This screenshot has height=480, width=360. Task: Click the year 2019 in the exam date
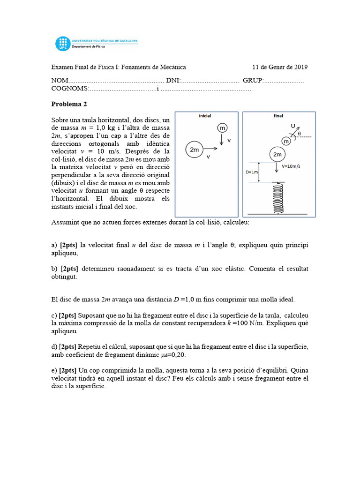click(x=300, y=67)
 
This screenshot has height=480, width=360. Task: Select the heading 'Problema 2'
click(x=69, y=104)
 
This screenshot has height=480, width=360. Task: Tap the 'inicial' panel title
click(x=205, y=116)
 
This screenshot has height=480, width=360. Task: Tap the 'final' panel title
click(x=278, y=116)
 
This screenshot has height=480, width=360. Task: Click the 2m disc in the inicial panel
click(x=194, y=149)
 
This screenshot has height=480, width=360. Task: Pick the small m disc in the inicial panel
click(x=222, y=127)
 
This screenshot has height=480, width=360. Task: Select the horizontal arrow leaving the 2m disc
click(x=210, y=149)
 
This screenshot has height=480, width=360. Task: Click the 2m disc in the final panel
click(x=277, y=154)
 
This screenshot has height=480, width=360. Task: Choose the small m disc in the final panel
click(x=286, y=141)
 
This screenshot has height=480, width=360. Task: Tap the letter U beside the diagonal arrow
click(x=293, y=126)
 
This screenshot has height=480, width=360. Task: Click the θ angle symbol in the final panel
click(x=300, y=134)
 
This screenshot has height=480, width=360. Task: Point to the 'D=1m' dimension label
click(x=253, y=172)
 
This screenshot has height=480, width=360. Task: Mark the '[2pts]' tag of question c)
click(x=67, y=315)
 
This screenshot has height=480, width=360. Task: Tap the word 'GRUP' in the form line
click(x=253, y=81)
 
